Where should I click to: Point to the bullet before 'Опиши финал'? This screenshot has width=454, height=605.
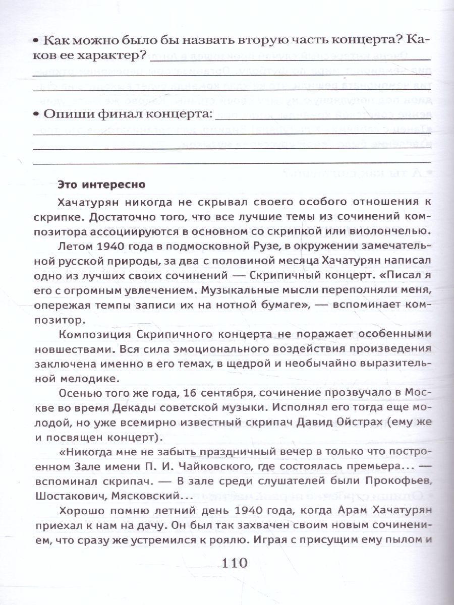(x=35, y=115)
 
